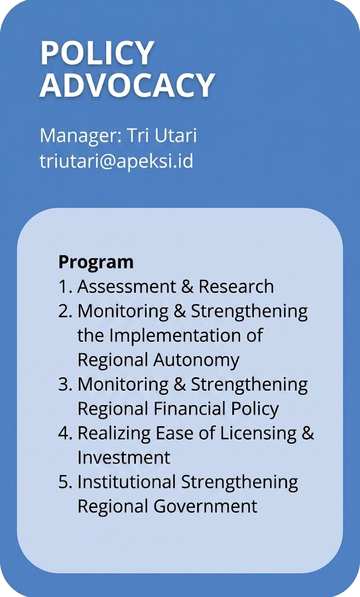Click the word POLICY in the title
[x=97, y=53]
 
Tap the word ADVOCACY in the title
[x=127, y=85]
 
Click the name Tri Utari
[x=162, y=135]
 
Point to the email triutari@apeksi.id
[x=117, y=161]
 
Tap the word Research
[x=236, y=286]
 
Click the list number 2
[x=65, y=311]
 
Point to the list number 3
[x=65, y=384]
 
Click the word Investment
[x=124, y=457]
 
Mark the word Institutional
[x=127, y=482]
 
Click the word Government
[x=205, y=507]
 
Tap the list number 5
[x=65, y=482]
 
